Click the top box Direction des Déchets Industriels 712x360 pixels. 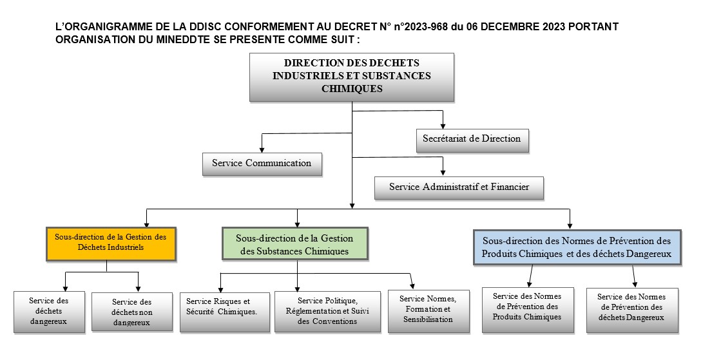(x=352, y=77)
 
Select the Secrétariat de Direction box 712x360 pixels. (x=472, y=138)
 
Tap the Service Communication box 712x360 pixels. (x=262, y=163)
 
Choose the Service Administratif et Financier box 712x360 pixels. (x=459, y=187)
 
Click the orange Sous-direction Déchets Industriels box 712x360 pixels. (x=111, y=242)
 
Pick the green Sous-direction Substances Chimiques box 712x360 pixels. (x=294, y=244)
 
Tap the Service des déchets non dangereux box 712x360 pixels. (x=132, y=312)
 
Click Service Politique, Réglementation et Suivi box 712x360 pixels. (x=327, y=311)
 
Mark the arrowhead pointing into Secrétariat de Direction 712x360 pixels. (x=443, y=124)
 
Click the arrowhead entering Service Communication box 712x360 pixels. (x=262, y=149)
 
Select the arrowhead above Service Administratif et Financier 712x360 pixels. (x=443, y=171)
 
